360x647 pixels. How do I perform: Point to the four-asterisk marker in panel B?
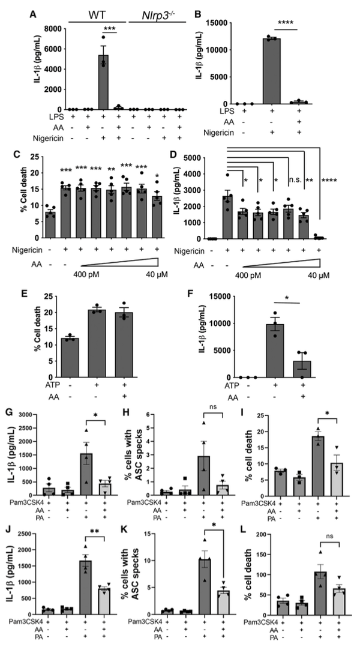pos(295,26)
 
